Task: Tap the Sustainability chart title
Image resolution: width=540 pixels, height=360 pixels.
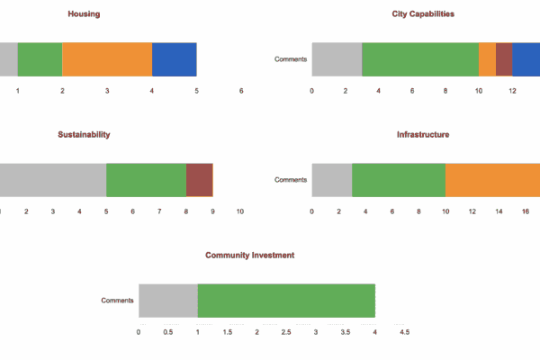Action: coord(84,134)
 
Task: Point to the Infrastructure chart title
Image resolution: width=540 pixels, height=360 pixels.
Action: coord(423,134)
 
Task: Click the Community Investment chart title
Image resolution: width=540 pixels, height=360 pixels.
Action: coord(249,255)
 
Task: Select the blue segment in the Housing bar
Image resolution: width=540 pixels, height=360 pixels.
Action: coord(174,59)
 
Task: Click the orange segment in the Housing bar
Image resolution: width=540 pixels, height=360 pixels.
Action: coord(107,59)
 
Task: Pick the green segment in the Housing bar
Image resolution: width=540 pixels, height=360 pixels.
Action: coord(40,59)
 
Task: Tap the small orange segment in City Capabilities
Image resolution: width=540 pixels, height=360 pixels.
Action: coord(487,59)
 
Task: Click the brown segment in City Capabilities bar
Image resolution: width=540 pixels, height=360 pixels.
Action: coord(504,59)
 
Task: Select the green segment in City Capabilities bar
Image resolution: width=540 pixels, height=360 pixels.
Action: coord(420,59)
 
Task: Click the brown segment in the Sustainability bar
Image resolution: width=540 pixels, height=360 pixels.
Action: coord(199,180)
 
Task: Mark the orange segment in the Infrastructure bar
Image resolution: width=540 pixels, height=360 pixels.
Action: coord(492,180)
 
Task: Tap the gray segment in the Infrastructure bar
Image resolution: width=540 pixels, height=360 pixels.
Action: coord(331,180)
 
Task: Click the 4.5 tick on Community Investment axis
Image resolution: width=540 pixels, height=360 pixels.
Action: coord(404,332)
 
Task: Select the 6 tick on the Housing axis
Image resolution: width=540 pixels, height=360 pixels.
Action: coord(241,91)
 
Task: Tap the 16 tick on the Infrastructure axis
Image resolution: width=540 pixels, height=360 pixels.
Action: coord(526,211)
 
